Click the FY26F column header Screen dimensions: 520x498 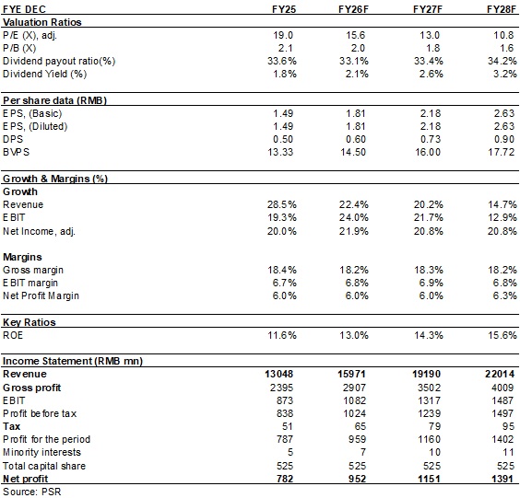click(353, 9)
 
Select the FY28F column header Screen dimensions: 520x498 click(502, 9)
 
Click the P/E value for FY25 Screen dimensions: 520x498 click(283, 35)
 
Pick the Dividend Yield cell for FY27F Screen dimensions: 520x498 click(431, 74)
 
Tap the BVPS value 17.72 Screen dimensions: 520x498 click(501, 152)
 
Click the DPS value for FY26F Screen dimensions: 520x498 click(356, 139)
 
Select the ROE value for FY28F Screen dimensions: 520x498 click(502, 335)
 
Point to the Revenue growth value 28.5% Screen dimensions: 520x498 click(282, 204)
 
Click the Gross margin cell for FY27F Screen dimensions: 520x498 click(429, 270)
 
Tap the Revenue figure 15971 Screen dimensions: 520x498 click(351, 374)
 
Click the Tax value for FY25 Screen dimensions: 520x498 click(287, 426)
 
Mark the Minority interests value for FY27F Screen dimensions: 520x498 click(433, 452)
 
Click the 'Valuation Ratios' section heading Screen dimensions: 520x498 click(42, 22)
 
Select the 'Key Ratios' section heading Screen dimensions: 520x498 click(30, 322)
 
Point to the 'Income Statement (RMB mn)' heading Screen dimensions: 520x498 click(73, 361)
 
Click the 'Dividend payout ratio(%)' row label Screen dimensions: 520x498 click(59, 61)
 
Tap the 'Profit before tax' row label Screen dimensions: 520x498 click(40, 413)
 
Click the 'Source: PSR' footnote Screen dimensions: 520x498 click(32, 492)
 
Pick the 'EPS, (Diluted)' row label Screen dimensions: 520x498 click(35, 126)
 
